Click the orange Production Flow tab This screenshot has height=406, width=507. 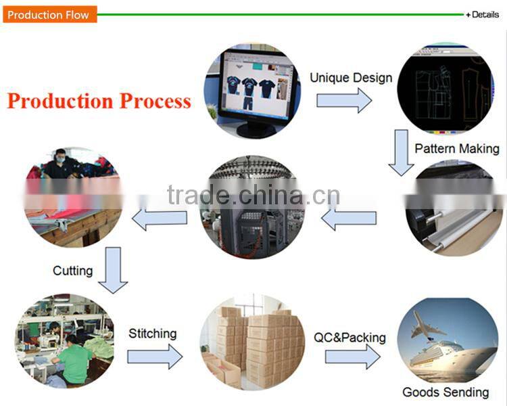click(x=50, y=15)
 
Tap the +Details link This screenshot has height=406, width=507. click(x=483, y=15)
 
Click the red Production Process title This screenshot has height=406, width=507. click(x=99, y=101)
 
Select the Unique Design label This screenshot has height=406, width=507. click(x=351, y=78)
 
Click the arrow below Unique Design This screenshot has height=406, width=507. click(x=344, y=100)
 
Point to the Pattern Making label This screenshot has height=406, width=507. click(x=457, y=149)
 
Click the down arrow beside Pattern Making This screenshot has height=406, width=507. click(x=402, y=153)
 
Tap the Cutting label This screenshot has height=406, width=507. click(x=73, y=271)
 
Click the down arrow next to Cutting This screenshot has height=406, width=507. click(x=113, y=271)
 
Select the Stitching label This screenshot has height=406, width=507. click(x=153, y=334)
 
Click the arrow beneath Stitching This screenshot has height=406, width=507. click(x=155, y=357)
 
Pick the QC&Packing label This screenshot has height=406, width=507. click(x=350, y=338)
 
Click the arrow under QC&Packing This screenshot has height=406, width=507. click(x=353, y=357)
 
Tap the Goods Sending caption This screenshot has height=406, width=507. click(x=445, y=392)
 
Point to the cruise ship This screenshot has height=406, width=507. click(x=453, y=356)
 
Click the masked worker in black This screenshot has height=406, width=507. click(x=59, y=164)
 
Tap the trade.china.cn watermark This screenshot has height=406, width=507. click(x=254, y=196)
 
